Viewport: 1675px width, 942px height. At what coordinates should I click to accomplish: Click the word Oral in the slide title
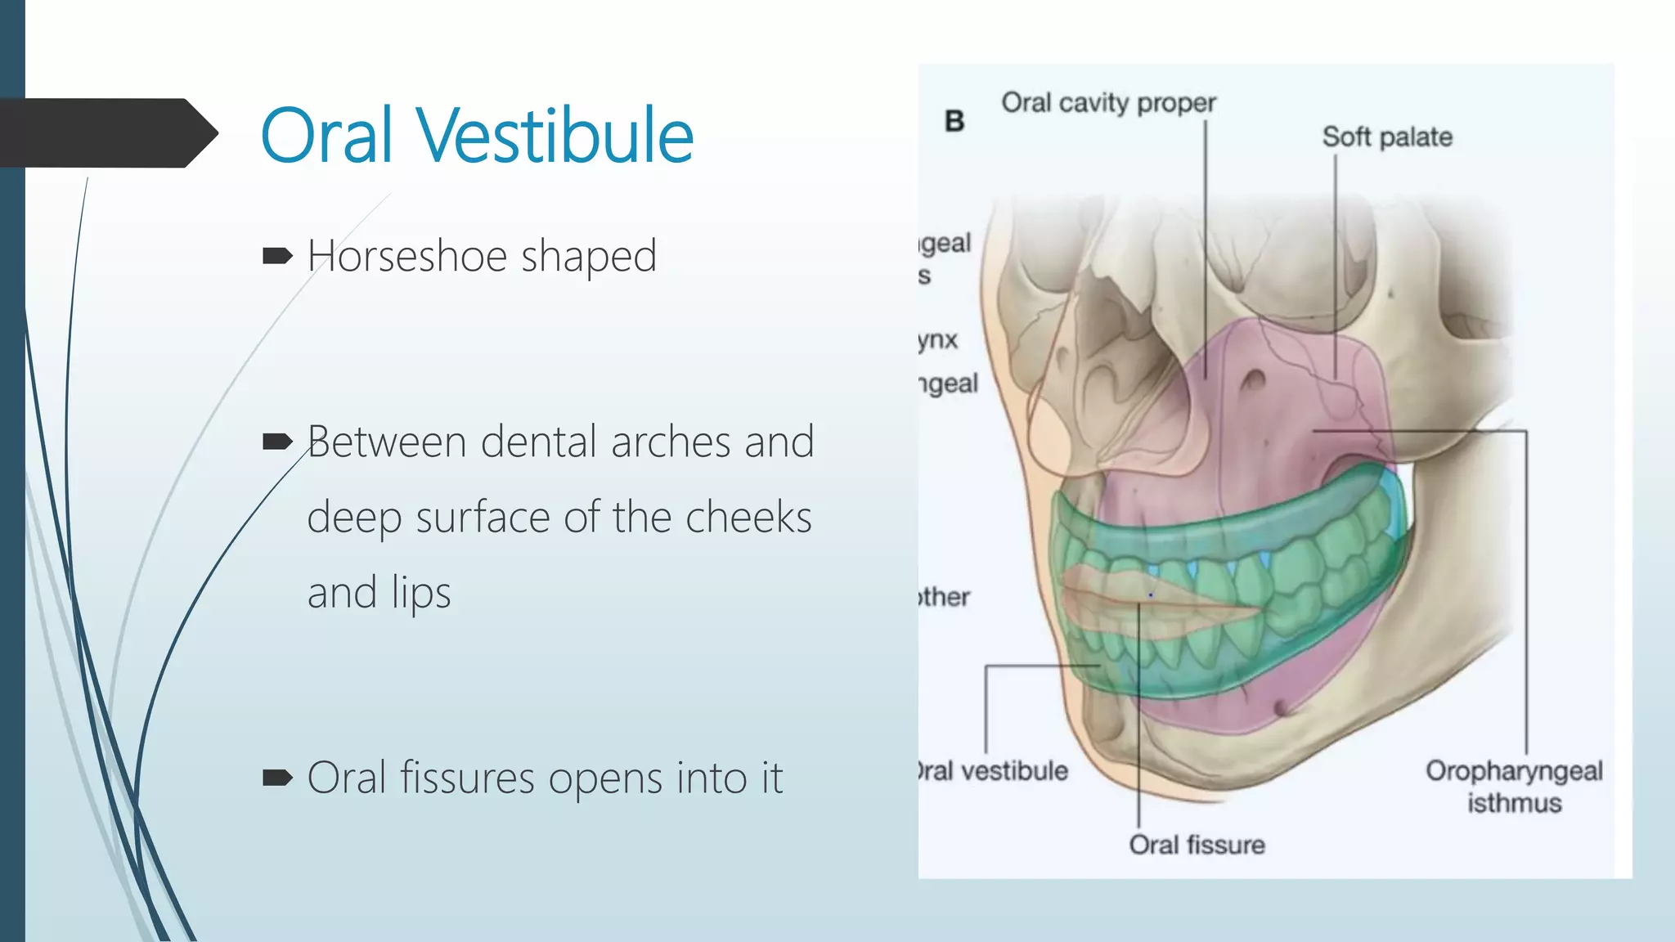pyautogui.click(x=327, y=136)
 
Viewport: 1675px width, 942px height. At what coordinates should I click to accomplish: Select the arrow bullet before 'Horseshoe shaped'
pyautogui.click(x=277, y=257)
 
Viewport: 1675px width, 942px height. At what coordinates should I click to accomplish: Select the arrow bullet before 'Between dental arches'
pyautogui.click(x=277, y=442)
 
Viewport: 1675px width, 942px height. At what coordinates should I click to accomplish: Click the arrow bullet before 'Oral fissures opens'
pyautogui.click(x=277, y=778)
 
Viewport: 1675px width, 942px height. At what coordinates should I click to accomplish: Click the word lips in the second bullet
pyautogui.click(x=420, y=593)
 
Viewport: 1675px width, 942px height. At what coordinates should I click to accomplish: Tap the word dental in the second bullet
pyautogui.click(x=539, y=442)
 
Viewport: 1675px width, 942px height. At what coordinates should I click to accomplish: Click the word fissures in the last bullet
pyautogui.click(x=467, y=778)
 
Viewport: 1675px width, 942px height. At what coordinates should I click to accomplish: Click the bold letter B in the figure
pyautogui.click(x=954, y=122)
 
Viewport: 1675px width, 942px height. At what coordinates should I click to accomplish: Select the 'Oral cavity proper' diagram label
pyautogui.click(x=1108, y=103)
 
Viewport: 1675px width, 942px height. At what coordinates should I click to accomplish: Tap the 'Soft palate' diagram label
pyautogui.click(x=1387, y=137)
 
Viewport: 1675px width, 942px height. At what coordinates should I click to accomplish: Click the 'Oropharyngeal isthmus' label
pyautogui.click(x=1514, y=786)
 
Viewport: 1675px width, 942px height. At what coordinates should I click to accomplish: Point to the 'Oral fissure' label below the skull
pyautogui.click(x=1197, y=845)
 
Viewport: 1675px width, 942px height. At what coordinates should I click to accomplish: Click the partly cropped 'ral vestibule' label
pyautogui.click(x=994, y=770)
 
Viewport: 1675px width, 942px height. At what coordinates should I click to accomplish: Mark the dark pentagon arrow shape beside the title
pyautogui.click(x=106, y=132)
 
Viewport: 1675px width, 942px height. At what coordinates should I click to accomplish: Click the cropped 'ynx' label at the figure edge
pyautogui.click(x=938, y=339)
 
